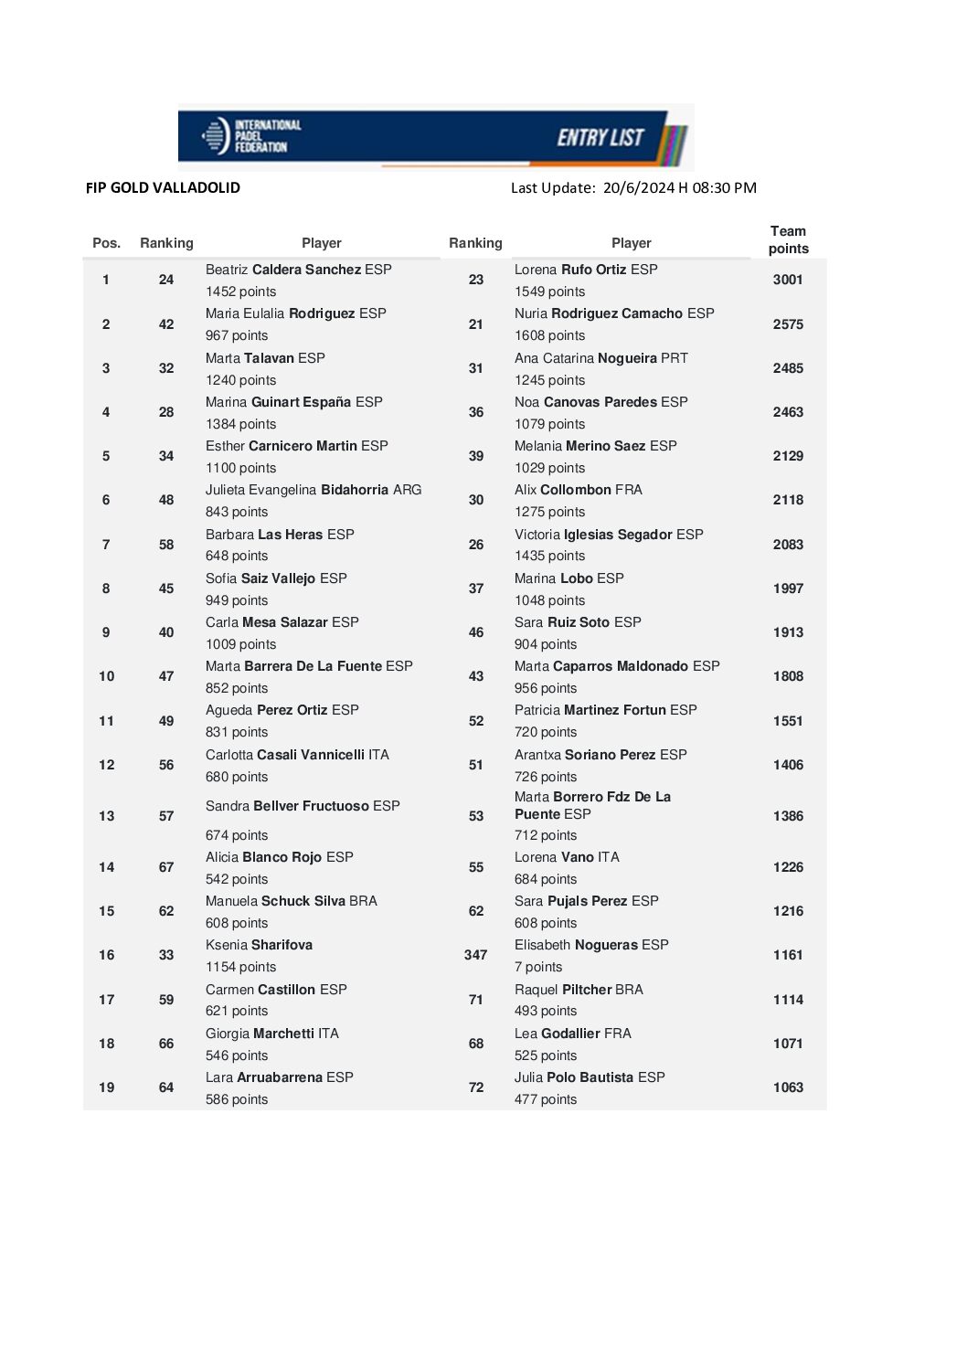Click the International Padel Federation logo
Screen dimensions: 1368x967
pos(250,136)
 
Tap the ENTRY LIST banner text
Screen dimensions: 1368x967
pos(600,137)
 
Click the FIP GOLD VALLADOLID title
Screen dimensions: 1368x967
pos(163,187)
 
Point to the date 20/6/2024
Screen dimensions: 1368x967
pos(638,187)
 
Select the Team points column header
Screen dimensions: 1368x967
pos(788,239)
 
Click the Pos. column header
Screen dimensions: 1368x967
pos(107,243)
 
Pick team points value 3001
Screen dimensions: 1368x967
pos(788,280)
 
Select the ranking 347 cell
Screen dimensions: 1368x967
pos(475,955)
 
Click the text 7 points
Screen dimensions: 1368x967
pos(538,967)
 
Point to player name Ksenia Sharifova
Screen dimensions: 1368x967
pos(259,945)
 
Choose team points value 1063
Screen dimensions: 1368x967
pos(788,1087)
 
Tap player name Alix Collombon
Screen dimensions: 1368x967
pos(578,490)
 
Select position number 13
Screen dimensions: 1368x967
pos(107,816)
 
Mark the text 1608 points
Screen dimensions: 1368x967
pos(549,335)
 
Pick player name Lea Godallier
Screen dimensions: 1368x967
pos(572,1034)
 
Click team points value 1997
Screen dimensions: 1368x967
pos(788,589)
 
